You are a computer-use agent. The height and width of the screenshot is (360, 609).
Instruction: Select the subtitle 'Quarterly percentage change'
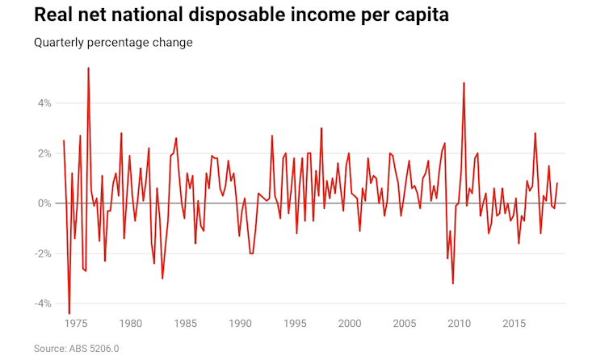113,42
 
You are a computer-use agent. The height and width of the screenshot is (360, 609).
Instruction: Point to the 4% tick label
42,103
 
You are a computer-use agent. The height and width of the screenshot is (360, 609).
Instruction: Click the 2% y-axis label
42,153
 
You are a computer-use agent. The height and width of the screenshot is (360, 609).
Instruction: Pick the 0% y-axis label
42,203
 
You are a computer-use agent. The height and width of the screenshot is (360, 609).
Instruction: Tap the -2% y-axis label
40,253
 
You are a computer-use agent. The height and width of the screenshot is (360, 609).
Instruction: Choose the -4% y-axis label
40,303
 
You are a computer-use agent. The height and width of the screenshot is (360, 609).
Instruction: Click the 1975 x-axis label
75,324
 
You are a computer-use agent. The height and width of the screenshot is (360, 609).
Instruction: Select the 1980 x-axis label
130,324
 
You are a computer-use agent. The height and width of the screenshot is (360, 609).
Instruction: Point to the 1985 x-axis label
185,324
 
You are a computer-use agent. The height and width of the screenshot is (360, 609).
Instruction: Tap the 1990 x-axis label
240,324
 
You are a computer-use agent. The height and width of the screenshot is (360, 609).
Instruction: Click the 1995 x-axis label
295,324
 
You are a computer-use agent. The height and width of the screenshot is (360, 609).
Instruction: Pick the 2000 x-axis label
350,324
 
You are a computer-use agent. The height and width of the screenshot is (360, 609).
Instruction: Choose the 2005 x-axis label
404,324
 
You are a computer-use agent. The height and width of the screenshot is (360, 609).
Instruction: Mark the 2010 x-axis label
459,324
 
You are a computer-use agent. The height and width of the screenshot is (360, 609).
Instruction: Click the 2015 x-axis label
514,324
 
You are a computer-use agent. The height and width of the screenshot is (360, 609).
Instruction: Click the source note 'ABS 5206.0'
95,349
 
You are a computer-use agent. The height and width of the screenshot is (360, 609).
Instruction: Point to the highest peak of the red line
88,68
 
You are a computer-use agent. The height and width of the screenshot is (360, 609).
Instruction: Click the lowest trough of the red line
69,313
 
